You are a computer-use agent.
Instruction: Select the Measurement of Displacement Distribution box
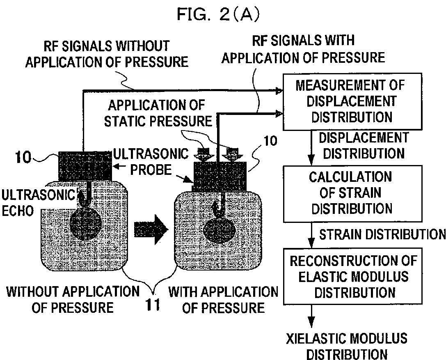(x=352, y=101)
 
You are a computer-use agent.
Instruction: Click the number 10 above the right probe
(x=269, y=141)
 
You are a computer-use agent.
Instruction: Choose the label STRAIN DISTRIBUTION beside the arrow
(x=382, y=234)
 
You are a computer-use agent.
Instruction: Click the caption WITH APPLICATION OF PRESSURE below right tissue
(x=223, y=300)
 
